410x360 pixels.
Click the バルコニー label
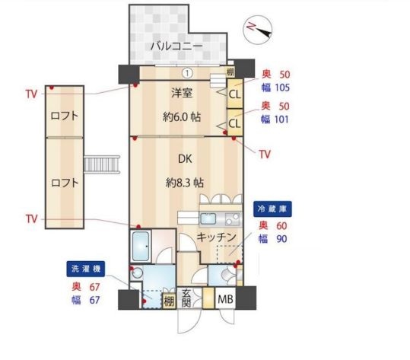pos(176,46)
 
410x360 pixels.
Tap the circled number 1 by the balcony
pos(185,73)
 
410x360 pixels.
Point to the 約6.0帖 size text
pos(183,117)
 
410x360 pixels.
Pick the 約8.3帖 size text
pos(184,183)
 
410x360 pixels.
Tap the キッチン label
pos(216,237)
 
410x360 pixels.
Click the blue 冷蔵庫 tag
pos(272,207)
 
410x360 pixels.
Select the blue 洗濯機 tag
pos(85,268)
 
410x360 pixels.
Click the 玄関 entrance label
pos(186,299)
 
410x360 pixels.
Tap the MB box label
pos(225,300)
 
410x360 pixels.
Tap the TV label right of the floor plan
pos(264,154)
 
